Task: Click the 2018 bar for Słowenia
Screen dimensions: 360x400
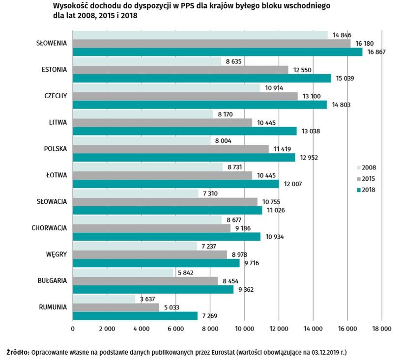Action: click(x=217, y=52)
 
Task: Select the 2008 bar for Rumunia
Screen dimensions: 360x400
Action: click(x=104, y=299)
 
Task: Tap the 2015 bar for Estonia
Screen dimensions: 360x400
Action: click(x=180, y=70)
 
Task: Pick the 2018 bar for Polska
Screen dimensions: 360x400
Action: click(x=184, y=158)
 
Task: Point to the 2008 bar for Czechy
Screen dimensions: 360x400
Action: click(x=166, y=87)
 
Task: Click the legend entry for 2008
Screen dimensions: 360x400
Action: click(x=368, y=167)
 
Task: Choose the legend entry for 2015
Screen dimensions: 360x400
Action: click(x=368, y=179)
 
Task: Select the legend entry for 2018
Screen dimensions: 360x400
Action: click(x=368, y=190)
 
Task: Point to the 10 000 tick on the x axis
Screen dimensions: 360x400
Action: click(x=244, y=329)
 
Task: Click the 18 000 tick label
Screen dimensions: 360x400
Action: click(x=381, y=329)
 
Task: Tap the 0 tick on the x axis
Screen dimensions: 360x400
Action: click(x=73, y=329)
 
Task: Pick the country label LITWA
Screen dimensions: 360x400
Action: click(x=57, y=122)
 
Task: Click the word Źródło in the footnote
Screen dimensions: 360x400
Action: click(x=18, y=352)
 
